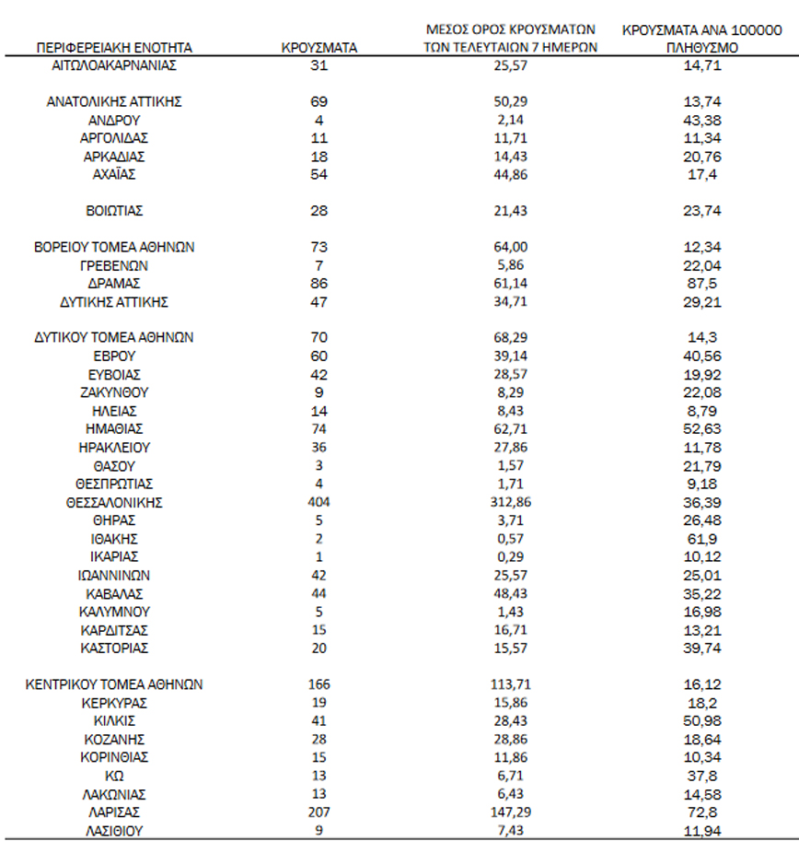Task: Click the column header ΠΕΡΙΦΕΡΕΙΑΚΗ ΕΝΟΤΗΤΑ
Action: coord(114,47)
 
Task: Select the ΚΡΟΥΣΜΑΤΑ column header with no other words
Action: coord(319,47)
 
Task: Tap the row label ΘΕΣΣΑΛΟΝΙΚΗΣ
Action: coord(114,502)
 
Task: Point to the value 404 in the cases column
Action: coord(319,502)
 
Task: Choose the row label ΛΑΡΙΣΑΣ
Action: coord(114,812)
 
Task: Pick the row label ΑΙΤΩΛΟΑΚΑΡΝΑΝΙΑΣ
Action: coord(114,65)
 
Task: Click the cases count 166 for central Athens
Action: coord(319,684)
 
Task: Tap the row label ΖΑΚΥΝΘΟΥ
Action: coord(114,392)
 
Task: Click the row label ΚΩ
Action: coord(114,775)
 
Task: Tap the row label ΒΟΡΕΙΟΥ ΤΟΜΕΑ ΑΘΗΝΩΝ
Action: coord(114,247)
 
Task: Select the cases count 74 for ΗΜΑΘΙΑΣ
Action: coord(319,429)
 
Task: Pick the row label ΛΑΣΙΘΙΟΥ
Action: coord(114,829)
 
